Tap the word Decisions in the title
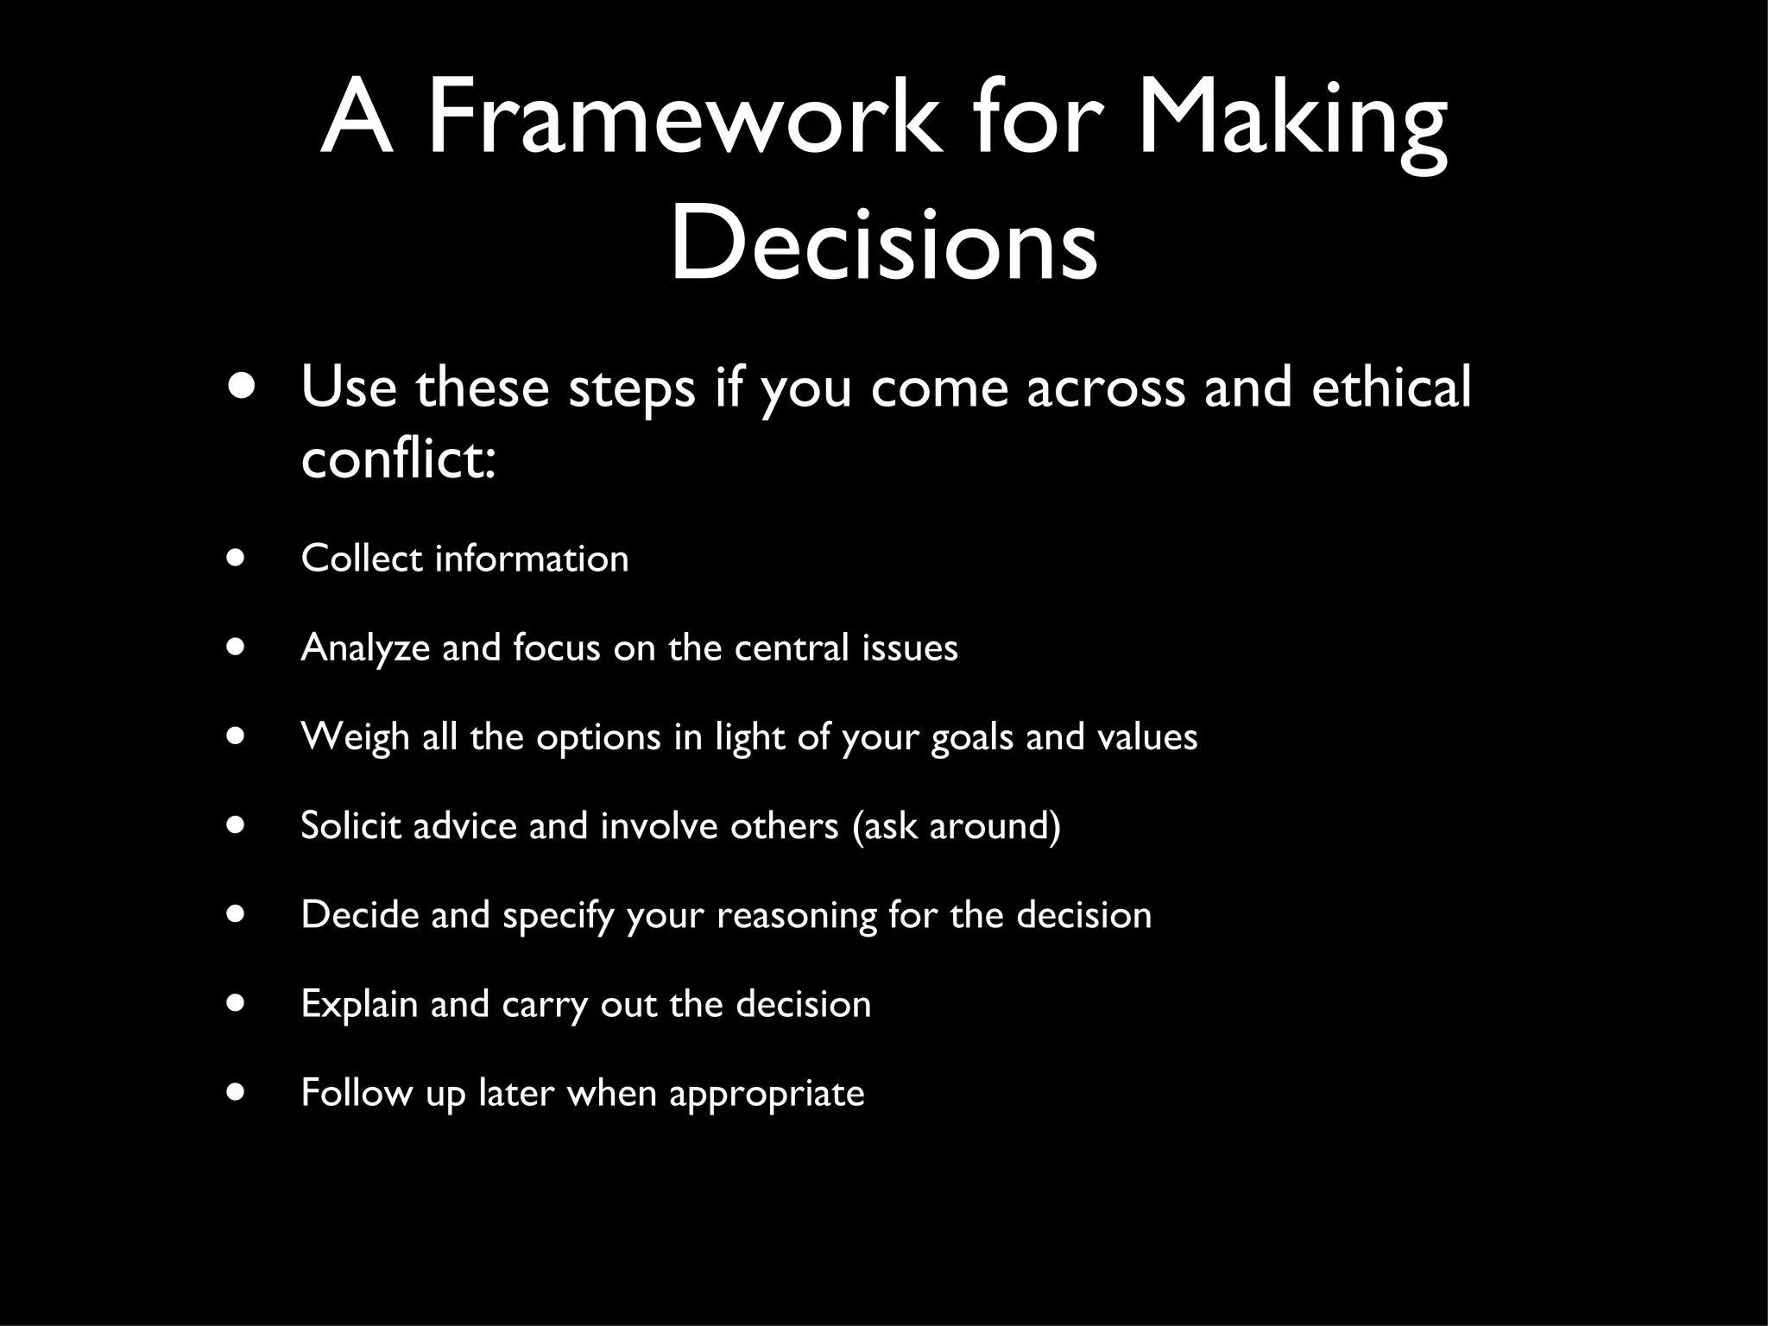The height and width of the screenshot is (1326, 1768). coord(884,241)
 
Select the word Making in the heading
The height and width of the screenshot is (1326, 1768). coord(1292,121)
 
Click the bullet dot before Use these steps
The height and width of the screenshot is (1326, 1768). coord(243,386)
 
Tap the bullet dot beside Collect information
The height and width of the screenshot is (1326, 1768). coord(235,558)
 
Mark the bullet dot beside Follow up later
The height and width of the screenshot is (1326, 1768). coord(235,1092)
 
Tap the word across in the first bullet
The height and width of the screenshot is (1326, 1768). coord(1106,388)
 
